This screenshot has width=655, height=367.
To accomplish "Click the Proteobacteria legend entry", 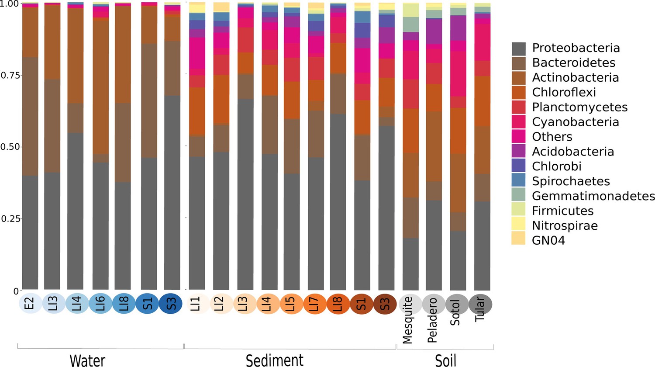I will (x=576, y=48).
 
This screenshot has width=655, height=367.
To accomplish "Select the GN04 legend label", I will (x=548, y=240).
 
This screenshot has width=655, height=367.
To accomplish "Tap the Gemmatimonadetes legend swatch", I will (x=519, y=196).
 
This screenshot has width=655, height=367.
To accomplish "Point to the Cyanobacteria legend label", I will (x=575, y=122).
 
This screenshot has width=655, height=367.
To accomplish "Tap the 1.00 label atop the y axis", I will (x=10, y=3).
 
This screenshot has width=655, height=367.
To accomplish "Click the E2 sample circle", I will (x=30, y=304).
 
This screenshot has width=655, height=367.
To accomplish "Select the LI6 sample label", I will (x=100, y=304).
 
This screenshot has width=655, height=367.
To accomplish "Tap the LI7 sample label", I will (x=314, y=304).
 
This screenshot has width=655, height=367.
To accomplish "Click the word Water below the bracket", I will (x=87, y=360).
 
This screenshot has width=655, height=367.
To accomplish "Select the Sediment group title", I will (x=275, y=360).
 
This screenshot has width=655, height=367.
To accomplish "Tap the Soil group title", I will (x=445, y=360).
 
